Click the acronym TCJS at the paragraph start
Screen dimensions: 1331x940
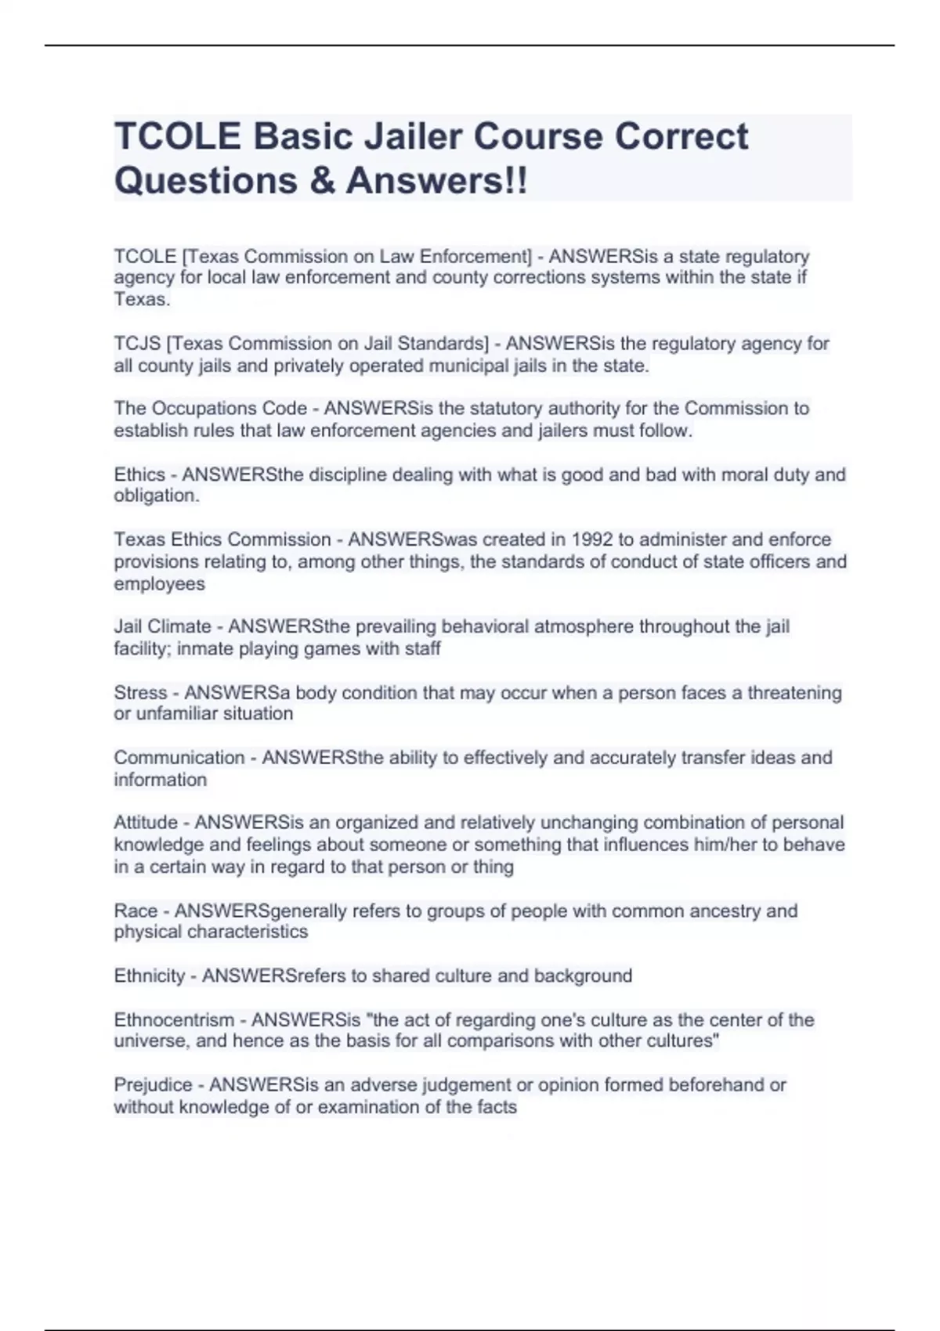137,344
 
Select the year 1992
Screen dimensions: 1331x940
592,539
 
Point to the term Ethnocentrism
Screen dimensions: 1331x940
174,1020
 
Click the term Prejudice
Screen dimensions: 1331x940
153,1085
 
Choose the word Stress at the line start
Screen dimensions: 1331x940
140,693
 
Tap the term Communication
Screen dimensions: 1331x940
179,758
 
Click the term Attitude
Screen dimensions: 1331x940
146,823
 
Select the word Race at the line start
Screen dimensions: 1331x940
136,911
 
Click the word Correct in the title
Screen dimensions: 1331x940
681,136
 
